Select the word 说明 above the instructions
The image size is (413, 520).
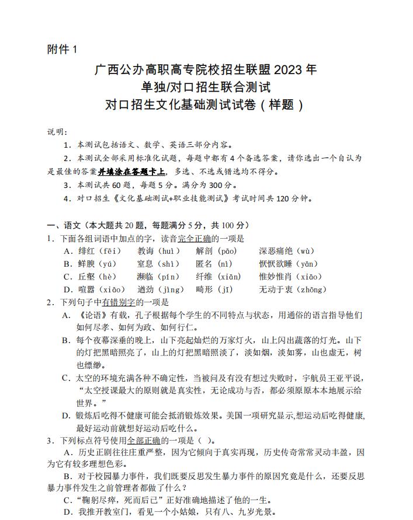pos(57,132)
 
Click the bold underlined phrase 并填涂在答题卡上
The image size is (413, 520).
pos(131,172)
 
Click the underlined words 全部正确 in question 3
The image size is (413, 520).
pos(144,440)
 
